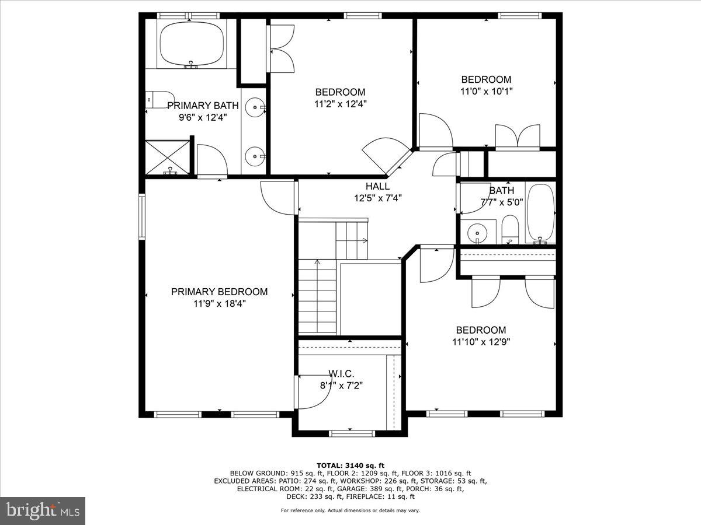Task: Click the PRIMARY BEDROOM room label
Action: pos(219,292)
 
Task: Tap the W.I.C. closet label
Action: pos(341,373)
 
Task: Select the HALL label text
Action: pos(377,186)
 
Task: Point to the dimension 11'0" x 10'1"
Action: pos(486,92)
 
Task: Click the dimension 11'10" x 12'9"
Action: pos(481,342)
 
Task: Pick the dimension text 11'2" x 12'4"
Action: pos(340,104)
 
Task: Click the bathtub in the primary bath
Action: pos(192,44)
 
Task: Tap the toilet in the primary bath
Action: pos(159,99)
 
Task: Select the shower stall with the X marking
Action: pos(168,156)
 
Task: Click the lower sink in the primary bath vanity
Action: pos(254,155)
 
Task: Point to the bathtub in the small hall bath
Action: pos(540,213)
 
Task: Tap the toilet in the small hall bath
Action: pos(510,229)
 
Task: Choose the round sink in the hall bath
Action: pos(478,233)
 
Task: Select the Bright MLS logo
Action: pos(43,511)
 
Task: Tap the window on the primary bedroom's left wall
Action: pos(141,216)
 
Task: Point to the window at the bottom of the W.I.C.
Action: pos(345,433)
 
